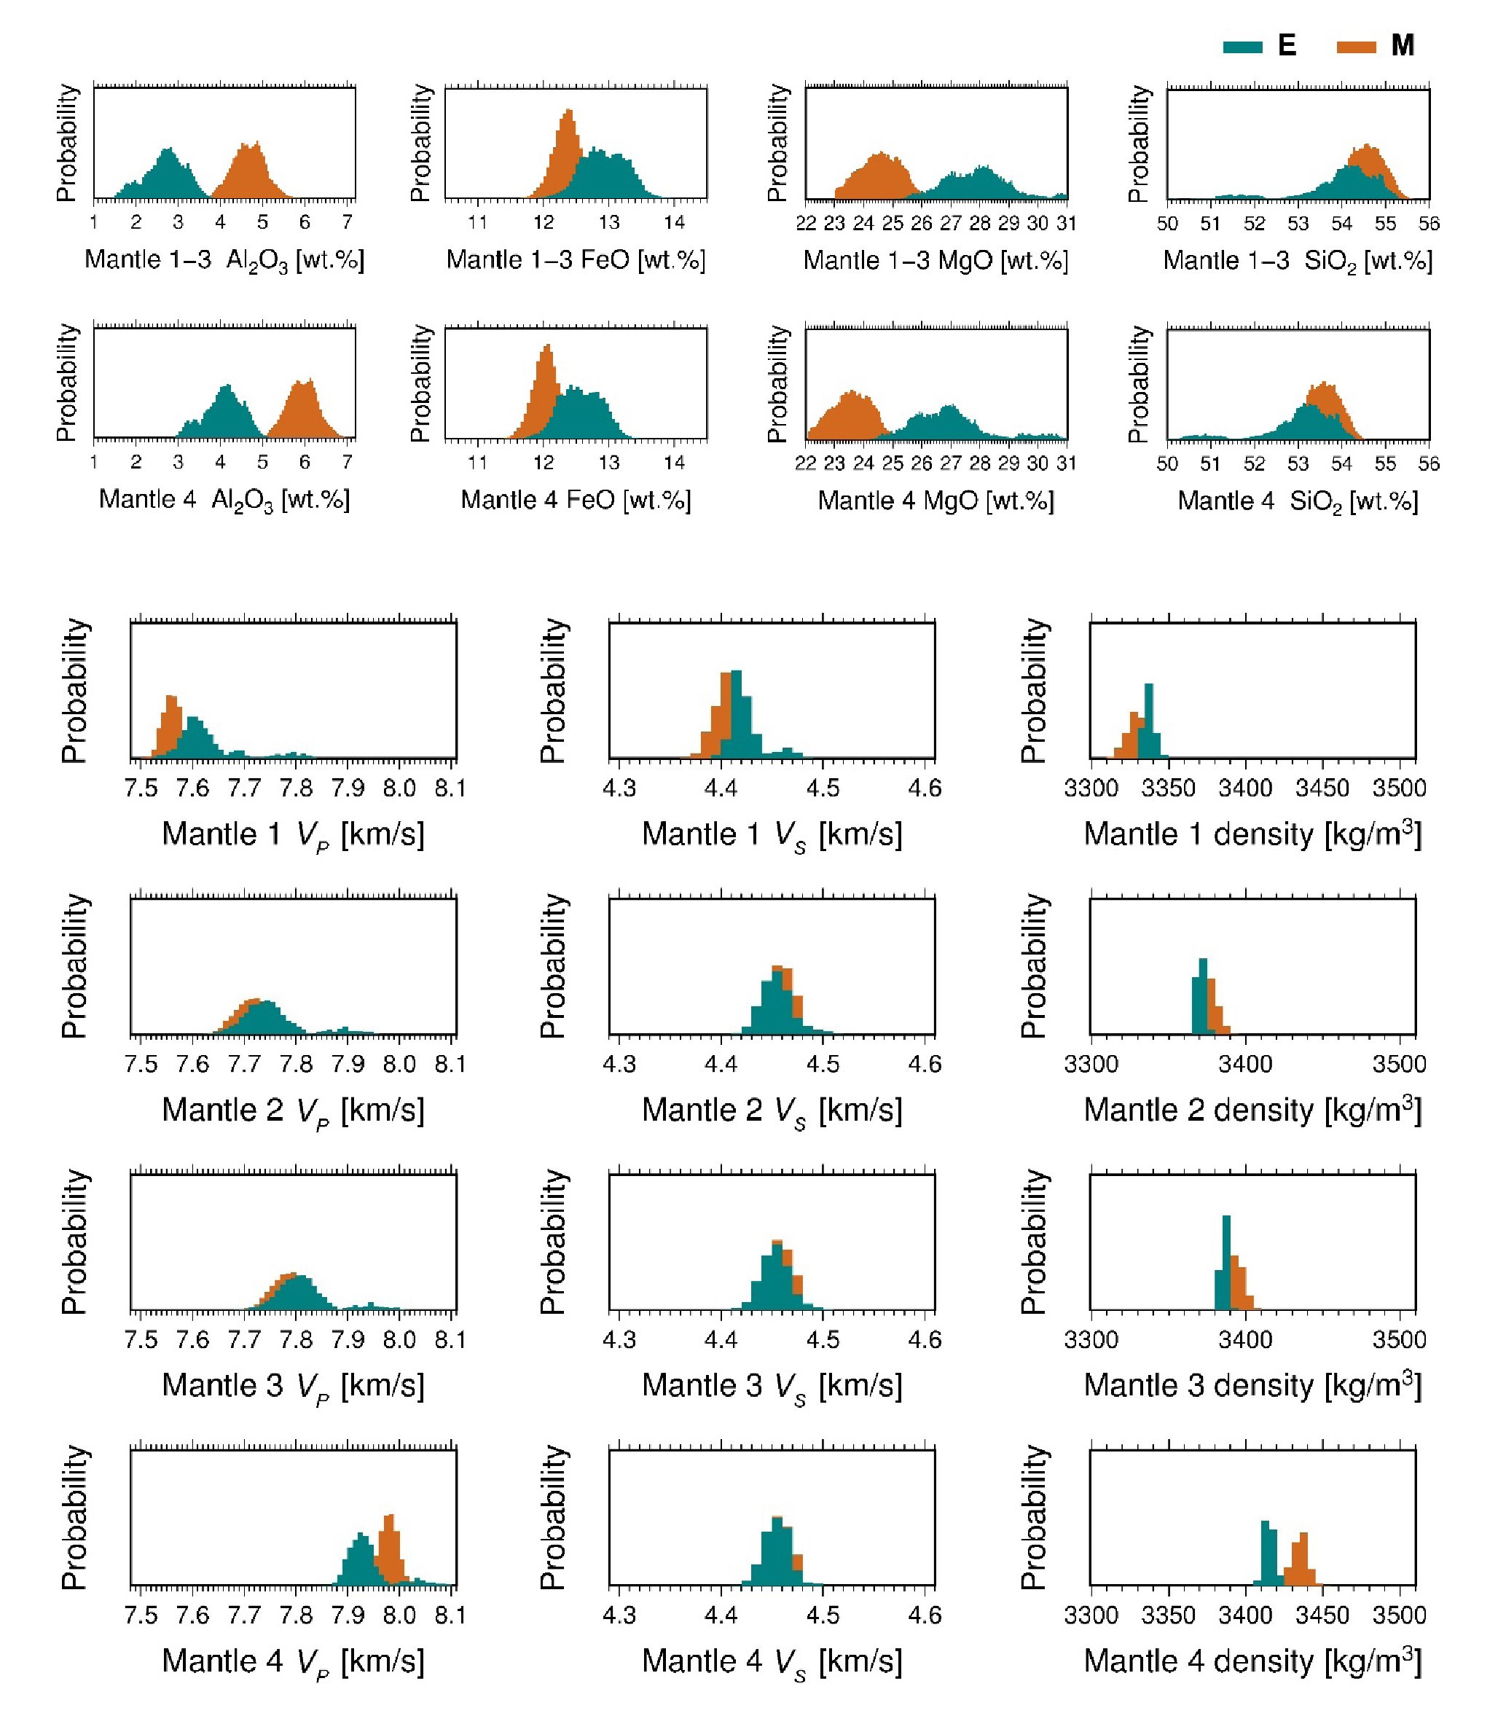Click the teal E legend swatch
pyautogui.click(x=1242, y=46)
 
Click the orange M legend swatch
pyautogui.click(x=1356, y=46)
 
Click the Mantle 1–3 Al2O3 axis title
pyautogui.click(x=224, y=260)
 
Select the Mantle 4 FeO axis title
pyautogui.click(x=576, y=501)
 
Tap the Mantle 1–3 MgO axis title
pyautogui.click(x=936, y=260)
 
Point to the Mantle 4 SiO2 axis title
pyautogui.click(x=1298, y=501)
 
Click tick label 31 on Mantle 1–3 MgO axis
pyautogui.click(x=1066, y=223)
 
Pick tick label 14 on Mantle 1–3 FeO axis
pyautogui.click(x=674, y=222)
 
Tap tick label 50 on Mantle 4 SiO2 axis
pyautogui.click(x=1167, y=463)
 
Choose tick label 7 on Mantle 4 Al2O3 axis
pyautogui.click(x=347, y=463)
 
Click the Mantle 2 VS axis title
pyautogui.click(x=772, y=1110)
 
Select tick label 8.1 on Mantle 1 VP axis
pyautogui.click(x=451, y=788)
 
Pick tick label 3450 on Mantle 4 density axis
pyautogui.click(x=1322, y=1615)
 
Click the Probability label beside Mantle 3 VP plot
pyautogui.click(x=74, y=1242)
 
